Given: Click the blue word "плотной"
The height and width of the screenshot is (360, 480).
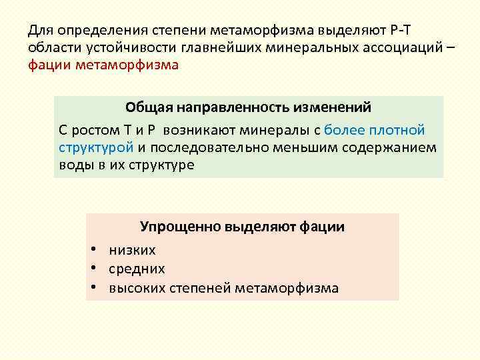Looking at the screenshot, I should (x=397, y=130).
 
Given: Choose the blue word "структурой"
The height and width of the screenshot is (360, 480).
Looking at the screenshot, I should (x=96, y=147).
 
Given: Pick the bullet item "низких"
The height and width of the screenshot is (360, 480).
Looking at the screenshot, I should (x=132, y=251).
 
